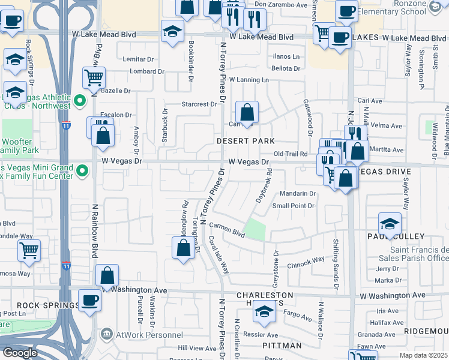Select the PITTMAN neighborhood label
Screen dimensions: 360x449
coord(282,346)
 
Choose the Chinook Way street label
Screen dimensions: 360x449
coord(306,262)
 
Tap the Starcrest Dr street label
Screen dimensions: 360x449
coord(199,104)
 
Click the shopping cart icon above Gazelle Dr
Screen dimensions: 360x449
coord(94,77)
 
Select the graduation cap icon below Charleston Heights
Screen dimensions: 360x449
coord(263,311)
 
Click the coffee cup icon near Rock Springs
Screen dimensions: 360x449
coord(90,299)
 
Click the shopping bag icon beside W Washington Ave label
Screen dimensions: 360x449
coord(107,275)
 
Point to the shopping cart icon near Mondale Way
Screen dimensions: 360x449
coord(29,250)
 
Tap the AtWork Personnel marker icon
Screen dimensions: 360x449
coord(106,333)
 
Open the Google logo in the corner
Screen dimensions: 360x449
coord(19,353)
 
